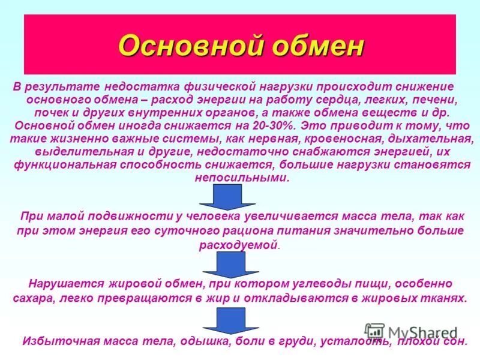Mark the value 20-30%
point(273,126)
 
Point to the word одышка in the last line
point(201,342)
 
